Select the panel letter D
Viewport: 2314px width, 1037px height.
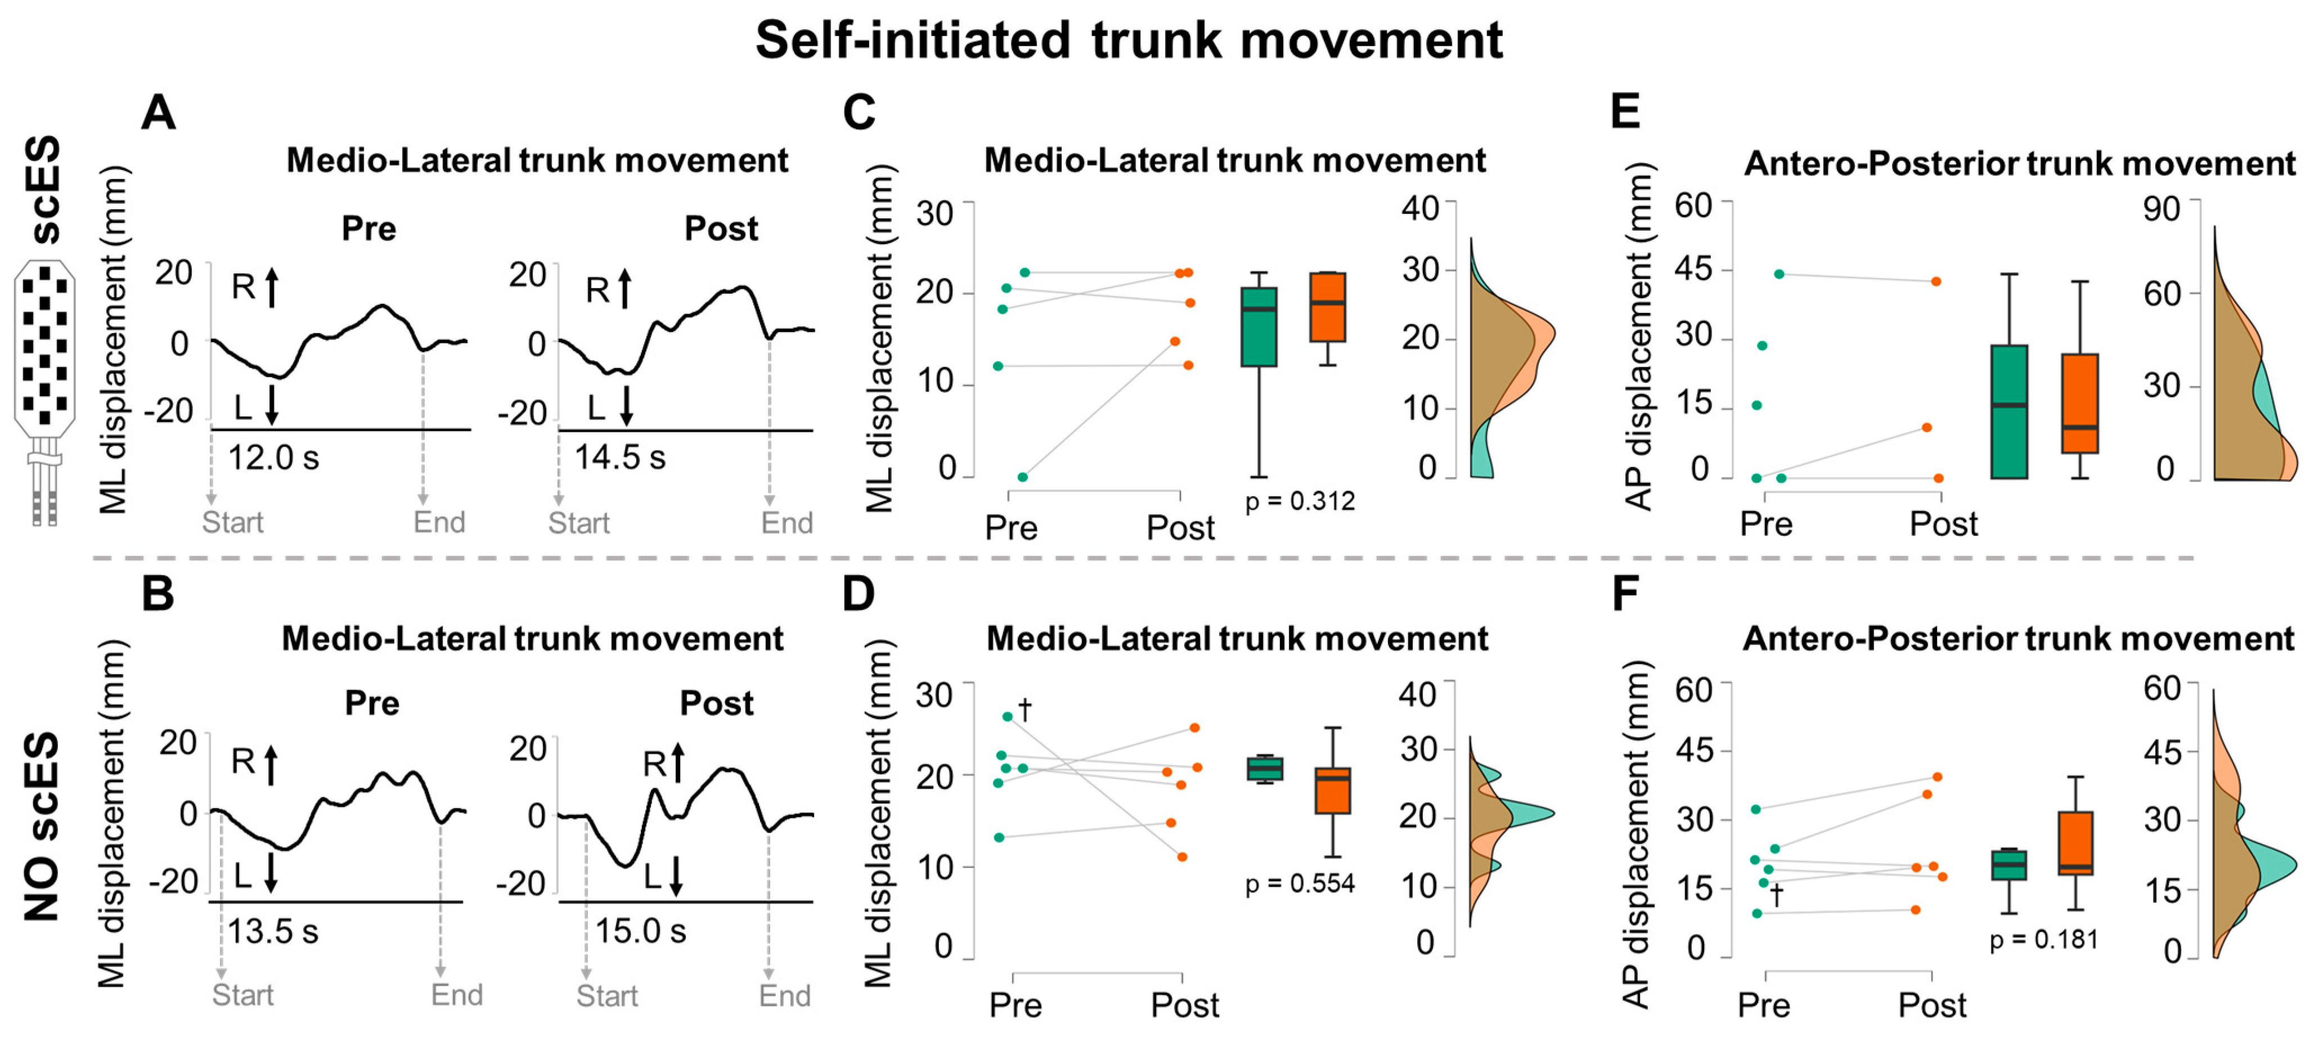pos(859,594)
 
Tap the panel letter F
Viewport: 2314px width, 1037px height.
pos(1626,594)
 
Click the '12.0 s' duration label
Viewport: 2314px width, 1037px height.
pos(273,458)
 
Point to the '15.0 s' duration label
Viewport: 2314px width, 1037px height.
pos(640,931)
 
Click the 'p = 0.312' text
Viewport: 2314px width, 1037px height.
pos(1300,501)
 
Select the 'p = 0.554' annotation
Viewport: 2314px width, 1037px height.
pos(1300,885)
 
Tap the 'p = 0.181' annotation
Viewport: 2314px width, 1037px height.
pos(2043,940)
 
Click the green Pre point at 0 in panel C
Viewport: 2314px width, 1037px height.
pos(1022,477)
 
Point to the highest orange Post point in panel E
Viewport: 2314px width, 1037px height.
pos(1936,281)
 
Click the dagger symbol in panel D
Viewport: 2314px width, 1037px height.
pos(1025,710)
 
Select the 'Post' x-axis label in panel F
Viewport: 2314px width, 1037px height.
pos(1931,1005)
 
